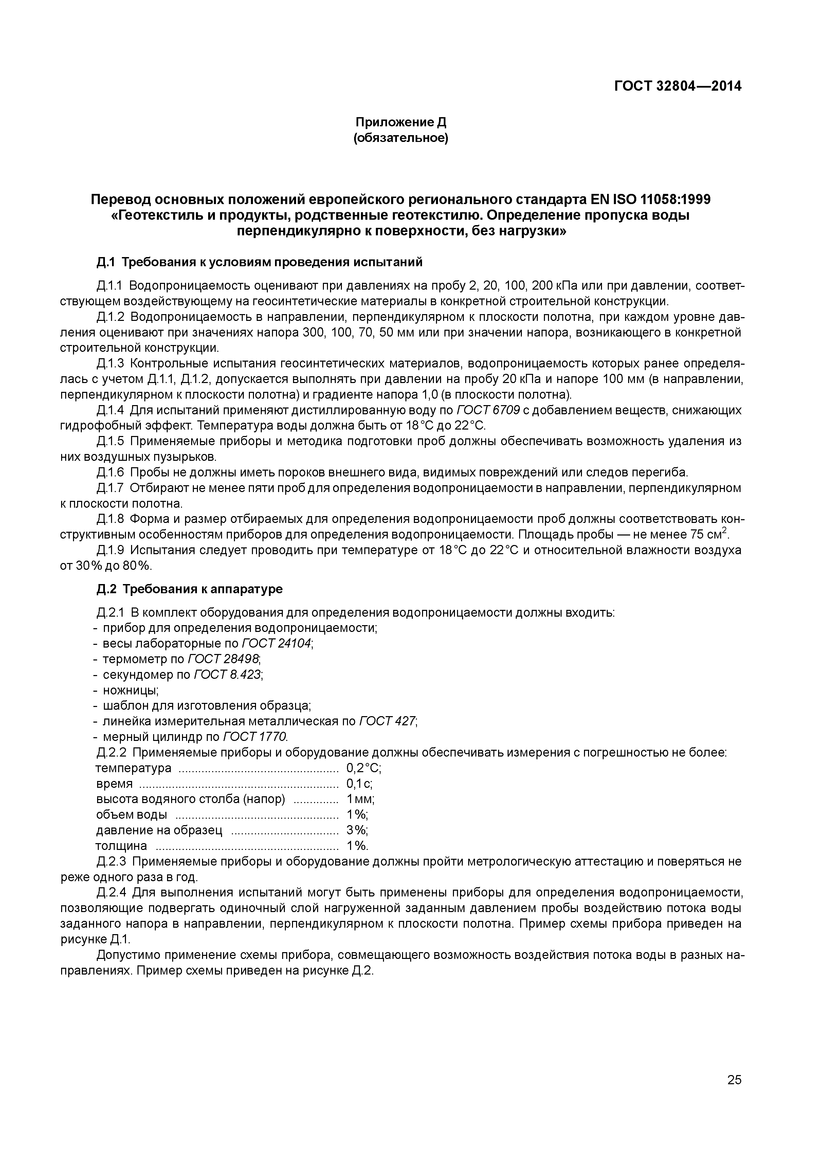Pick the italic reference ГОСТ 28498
point(223,659)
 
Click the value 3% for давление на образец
point(357,830)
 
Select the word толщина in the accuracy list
point(122,846)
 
